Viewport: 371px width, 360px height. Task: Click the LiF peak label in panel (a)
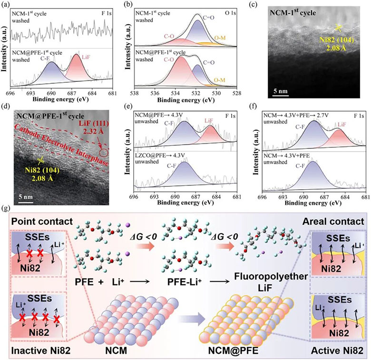click(86, 57)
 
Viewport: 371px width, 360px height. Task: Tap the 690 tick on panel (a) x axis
click(51, 93)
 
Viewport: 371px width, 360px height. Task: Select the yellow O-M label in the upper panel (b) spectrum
click(220, 38)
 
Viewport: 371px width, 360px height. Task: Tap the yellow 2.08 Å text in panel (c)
click(336, 48)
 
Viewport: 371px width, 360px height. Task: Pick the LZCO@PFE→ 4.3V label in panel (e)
click(160, 156)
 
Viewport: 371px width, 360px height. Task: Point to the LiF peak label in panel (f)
click(342, 125)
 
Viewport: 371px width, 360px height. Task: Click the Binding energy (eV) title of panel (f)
click(313, 203)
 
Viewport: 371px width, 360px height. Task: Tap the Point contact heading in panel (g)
click(42, 222)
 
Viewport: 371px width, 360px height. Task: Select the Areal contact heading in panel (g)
click(333, 222)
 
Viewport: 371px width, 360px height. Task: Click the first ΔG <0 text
click(143, 236)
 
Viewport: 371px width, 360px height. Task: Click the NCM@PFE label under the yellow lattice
click(233, 350)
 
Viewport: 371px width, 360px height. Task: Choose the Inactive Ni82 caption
click(41, 350)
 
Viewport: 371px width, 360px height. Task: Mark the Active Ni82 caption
click(337, 350)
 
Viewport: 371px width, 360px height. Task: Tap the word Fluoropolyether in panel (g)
click(271, 276)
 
